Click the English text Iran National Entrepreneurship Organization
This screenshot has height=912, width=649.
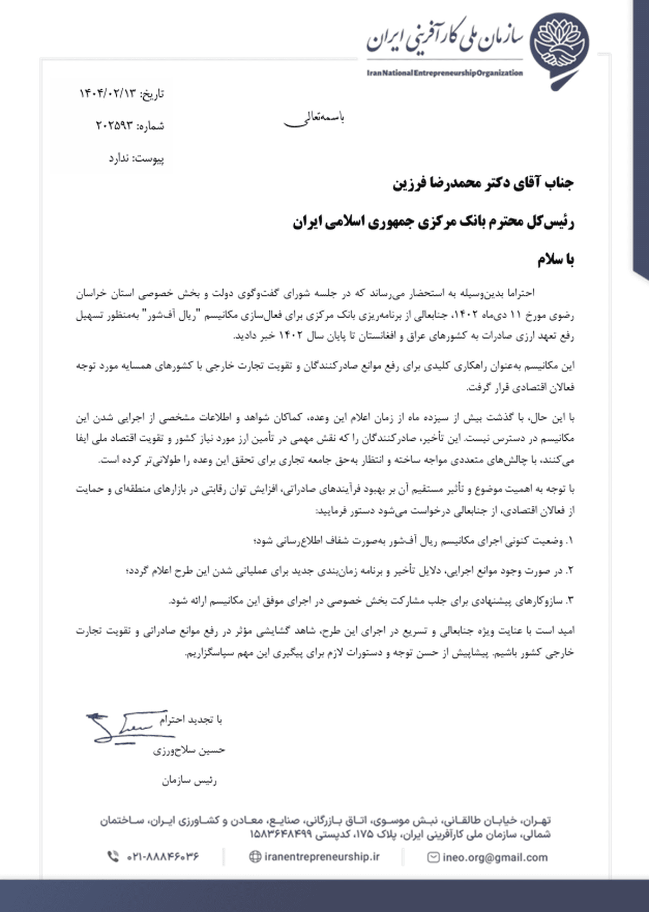pos(445,73)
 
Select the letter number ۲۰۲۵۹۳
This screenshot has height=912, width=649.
pos(114,126)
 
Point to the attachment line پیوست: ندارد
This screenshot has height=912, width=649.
pos(136,158)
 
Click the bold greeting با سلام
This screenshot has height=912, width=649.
pos(555,260)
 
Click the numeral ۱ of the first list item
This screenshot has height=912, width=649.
pos(569,540)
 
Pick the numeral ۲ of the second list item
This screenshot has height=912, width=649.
pos(569,571)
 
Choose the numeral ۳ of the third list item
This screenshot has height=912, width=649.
pos(569,600)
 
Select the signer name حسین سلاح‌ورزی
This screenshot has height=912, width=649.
pos(189,750)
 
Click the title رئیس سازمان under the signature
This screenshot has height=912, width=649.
pos(189,781)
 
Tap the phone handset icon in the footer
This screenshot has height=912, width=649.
pos(113,857)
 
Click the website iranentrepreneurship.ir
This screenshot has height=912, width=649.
pos(322,857)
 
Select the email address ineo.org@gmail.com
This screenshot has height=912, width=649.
pos(495,857)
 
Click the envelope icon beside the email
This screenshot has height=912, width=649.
pos(433,857)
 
